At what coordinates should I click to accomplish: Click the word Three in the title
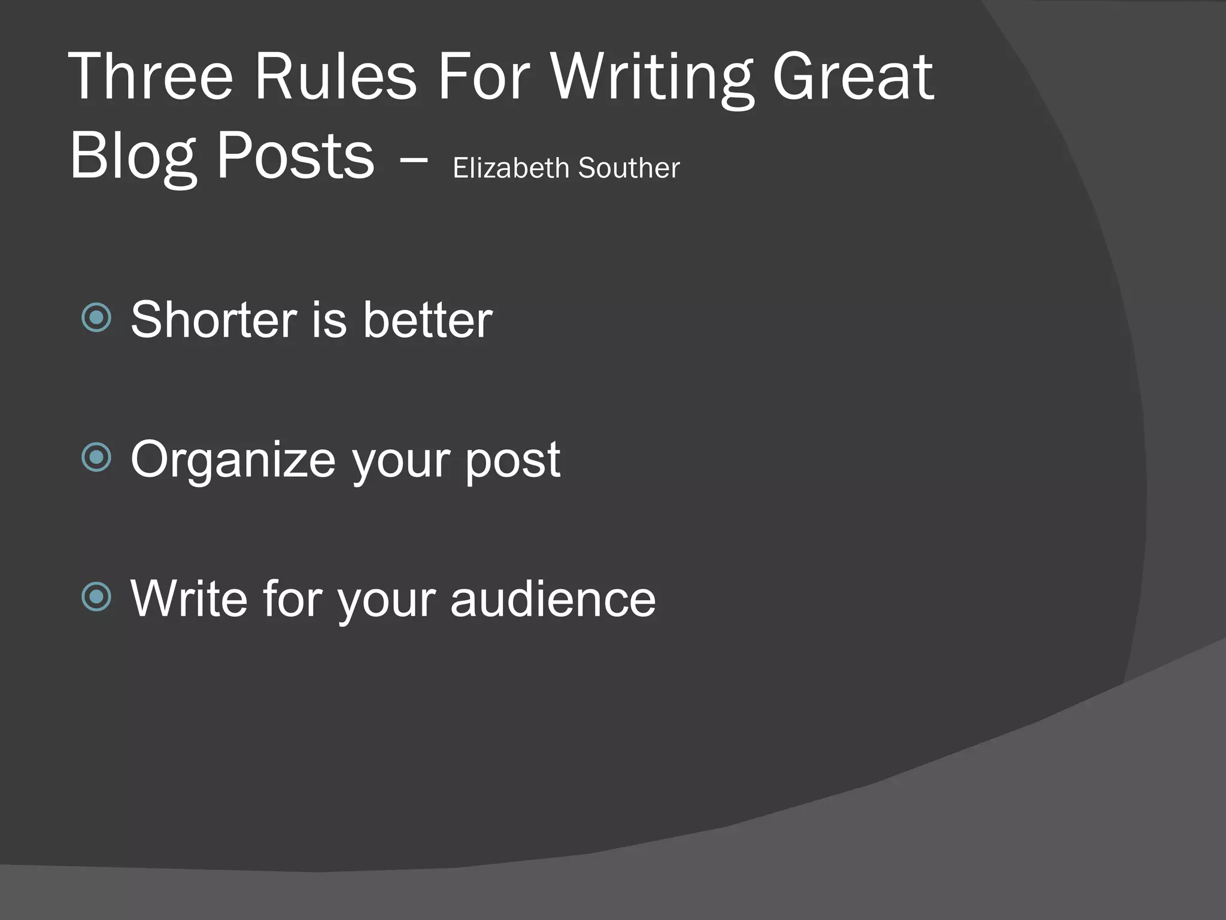(x=150, y=77)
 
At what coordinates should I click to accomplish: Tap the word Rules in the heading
(x=335, y=77)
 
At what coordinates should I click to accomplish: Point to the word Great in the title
(x=852, y=77)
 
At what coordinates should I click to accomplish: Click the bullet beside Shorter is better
(x=96, y=317)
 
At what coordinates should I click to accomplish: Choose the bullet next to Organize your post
(x=96, y=458)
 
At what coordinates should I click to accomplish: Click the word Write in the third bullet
(x=189, y=598)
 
